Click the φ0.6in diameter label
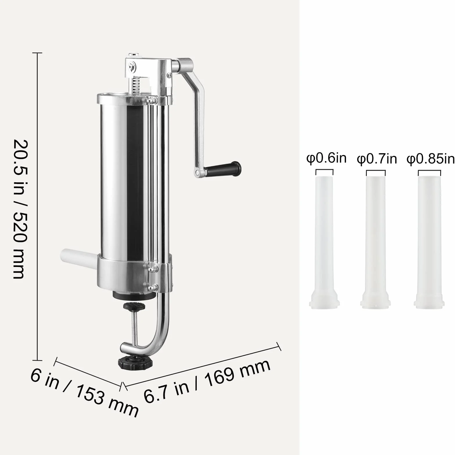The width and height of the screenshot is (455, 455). coord(326,158)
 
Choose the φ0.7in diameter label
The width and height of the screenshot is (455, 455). coord(377,159)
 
